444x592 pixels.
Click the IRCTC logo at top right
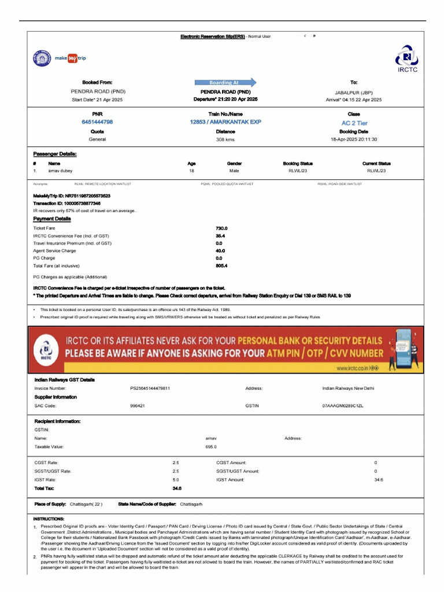click(x=407, y=60)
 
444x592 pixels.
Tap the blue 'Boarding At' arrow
click(x=225, y=82)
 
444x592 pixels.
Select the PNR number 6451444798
click(x=97, y=122)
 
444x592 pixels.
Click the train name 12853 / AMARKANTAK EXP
click(x=225, y=122)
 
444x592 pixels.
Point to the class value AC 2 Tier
click(x=354, y=123)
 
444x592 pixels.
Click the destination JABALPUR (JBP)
click(x=354, y=92)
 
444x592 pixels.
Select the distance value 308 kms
click(x=225, y=139)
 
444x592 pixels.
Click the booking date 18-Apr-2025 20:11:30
click(x=354, y=139)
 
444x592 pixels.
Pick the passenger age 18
click(x=191, y=171)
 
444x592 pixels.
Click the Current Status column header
click(x=376, y=164)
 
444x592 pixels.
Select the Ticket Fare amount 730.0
click(x=221, y=228)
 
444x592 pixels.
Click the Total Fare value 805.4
click(x=221, y=265)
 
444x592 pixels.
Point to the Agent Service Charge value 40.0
click(x=220, y=251)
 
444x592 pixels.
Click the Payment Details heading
click(x=52, y=219)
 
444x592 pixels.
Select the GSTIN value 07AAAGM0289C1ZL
click(x=343, y=406)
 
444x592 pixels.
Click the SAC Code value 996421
click(x=138, y=406)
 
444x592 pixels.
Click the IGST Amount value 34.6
click(x=379, y=480)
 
